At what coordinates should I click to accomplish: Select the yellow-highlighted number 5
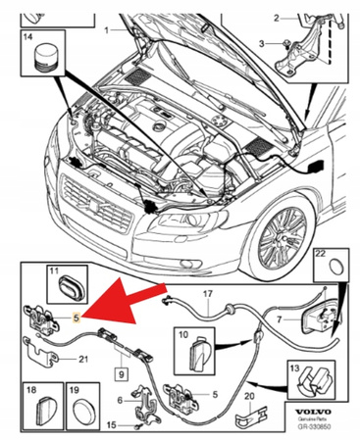point(77,317)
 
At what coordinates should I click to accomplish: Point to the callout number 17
point(207,293)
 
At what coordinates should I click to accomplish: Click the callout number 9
point(122,372)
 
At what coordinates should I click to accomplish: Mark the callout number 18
point(28,390)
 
